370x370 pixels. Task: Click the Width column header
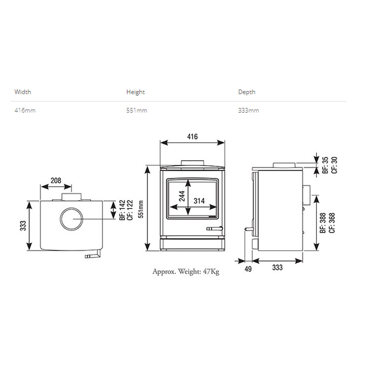coord(23,92)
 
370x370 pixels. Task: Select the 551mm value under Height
coord(137,110)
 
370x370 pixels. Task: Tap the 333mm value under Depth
coord(249,110)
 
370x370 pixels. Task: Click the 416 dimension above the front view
coord(192,137)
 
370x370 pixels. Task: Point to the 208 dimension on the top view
coord(56,181)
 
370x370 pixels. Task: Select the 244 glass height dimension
coord(182,196)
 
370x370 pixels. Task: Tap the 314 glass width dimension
coord(199,201)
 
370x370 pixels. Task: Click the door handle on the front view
coord(215,228)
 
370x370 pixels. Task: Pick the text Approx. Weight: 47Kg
coord(186,272)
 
